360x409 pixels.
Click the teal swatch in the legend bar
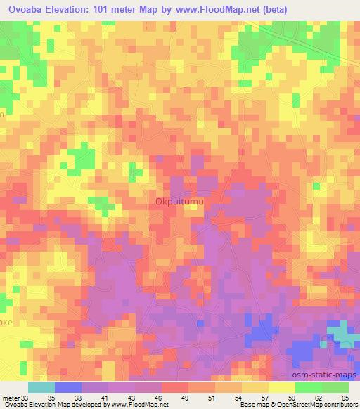[x=41, y=387]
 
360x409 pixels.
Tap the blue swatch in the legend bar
[x=68, y=387]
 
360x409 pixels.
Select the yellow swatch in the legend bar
[x=281, y=387]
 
